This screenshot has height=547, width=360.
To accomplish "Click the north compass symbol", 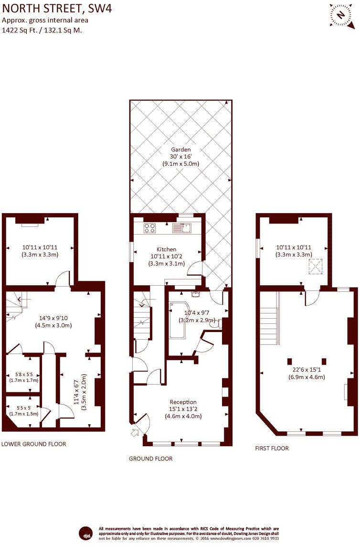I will (341, 15).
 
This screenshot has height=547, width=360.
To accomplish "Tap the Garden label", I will (181, 150).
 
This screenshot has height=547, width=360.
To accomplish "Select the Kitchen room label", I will (167, 249).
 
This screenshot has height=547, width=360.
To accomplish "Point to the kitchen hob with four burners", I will (149, 228).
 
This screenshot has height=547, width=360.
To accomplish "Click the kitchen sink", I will (181, 228).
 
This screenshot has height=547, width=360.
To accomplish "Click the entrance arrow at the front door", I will (135, 433).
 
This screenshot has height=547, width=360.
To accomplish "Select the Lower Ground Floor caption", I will (34, 444).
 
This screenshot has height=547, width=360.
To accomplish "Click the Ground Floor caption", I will (151, 459).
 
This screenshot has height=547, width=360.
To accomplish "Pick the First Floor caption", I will (272, 448).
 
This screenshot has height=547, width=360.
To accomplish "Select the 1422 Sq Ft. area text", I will (20, 30).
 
